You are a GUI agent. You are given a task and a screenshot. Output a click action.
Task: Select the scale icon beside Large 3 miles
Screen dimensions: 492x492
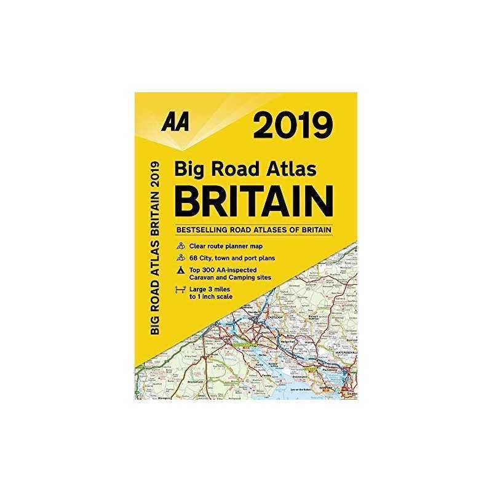coord(181,291)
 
